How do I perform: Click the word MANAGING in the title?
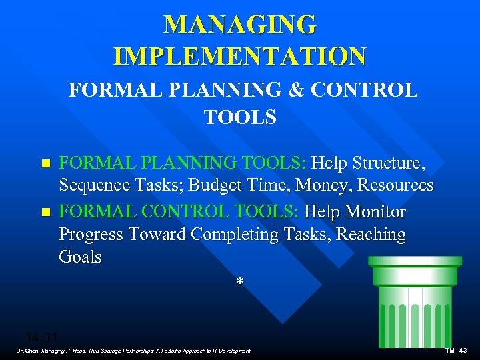240,25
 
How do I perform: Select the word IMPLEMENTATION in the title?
240,56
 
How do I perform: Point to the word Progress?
90,235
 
